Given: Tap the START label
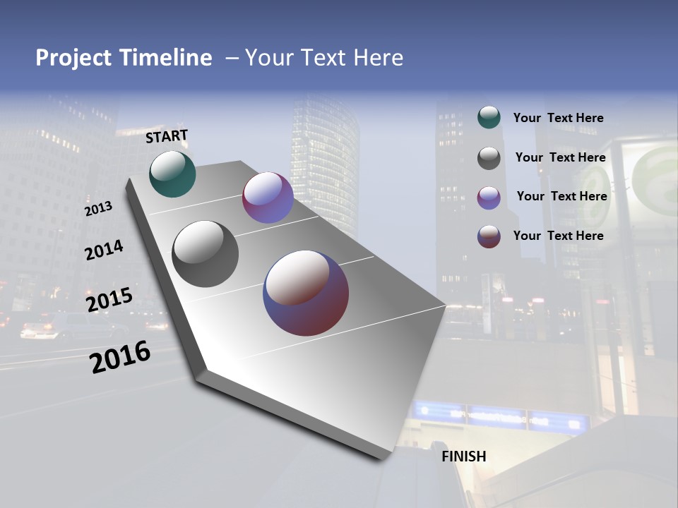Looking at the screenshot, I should (x=167, y=136).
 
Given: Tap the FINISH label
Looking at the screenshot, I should (x=463, y=456).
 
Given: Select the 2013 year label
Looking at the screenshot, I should (x=98, y=209).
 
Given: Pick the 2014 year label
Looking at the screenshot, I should (x=104, y=250).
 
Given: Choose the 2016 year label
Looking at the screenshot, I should (x=120, y=357).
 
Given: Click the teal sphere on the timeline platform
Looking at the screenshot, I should (x=172, y=174).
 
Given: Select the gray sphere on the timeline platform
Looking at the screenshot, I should (x=205, y=254).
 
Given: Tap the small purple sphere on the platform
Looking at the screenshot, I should (x=268, y=198).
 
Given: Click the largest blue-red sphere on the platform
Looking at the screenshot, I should (x=306, y=293).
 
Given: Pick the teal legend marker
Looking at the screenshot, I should (x=489, y=118).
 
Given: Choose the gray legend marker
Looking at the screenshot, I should (x=489, y=158).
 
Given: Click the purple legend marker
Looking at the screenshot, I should (x=489, y=198).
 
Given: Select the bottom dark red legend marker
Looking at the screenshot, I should (x=489, y=236).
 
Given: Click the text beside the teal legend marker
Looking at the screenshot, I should (x=558, y=119).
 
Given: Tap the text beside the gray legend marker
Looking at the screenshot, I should (x=560, y=157).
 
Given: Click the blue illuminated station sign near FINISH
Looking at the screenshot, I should (x=501, y=418).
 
